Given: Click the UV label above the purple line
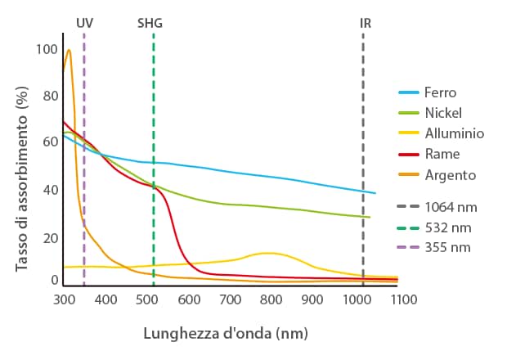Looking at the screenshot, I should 84,23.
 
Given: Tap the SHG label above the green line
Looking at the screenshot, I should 150,23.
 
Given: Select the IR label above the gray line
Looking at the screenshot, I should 366,23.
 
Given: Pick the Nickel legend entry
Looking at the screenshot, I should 443,113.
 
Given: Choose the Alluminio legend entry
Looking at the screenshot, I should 454,133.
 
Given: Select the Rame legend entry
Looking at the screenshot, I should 442,154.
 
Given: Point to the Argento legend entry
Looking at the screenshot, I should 449,174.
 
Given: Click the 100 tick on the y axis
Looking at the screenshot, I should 48,50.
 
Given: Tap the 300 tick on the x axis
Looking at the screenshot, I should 65,300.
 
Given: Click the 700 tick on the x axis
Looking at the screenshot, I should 231,300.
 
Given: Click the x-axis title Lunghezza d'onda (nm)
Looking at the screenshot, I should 225,334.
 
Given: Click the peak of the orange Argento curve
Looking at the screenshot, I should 69,50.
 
